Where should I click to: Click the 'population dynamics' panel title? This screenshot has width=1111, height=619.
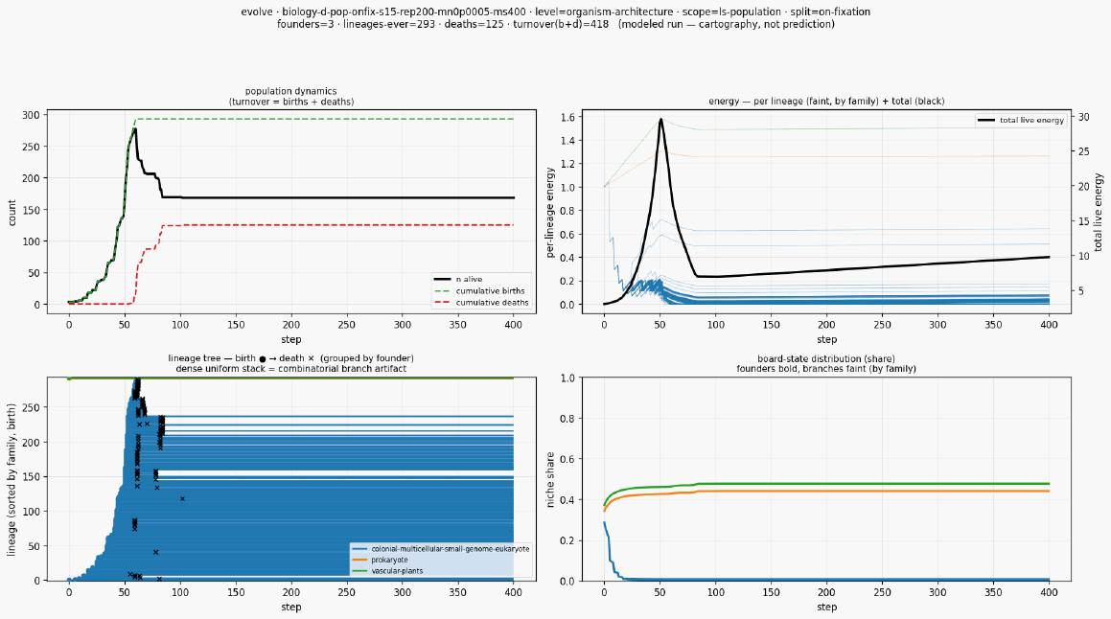[x=291, y=91]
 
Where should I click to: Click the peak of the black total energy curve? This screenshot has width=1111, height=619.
[x=661, y=119]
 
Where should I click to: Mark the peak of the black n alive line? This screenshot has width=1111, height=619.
[x=134, y=129]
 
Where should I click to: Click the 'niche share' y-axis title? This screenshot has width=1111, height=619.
[x=550, y=479]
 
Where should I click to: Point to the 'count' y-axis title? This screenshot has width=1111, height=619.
[x=12, y=213]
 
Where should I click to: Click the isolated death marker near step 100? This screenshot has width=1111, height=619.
[x=182, y=498]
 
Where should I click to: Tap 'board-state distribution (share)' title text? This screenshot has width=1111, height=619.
[x=826, y=359]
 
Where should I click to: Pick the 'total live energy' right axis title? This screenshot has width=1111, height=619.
[x=1099, y=212]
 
